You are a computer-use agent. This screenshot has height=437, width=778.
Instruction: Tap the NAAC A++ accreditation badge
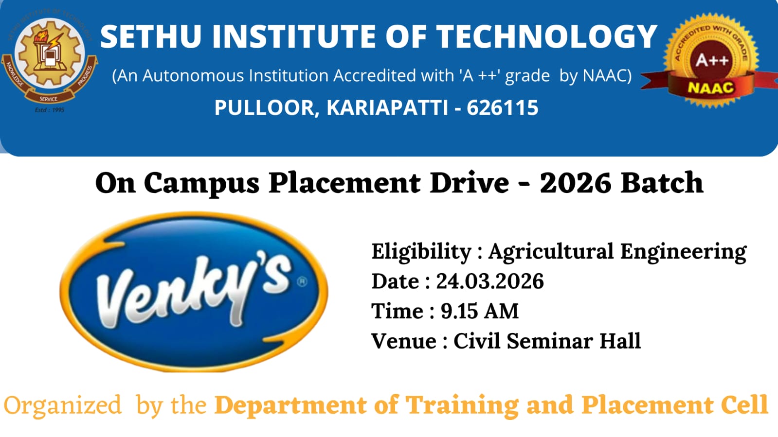[x=710, y=61]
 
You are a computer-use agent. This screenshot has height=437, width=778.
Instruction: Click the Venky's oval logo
[x=194, y=292]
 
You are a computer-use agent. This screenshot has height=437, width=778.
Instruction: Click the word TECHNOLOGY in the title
[x=547, y=36]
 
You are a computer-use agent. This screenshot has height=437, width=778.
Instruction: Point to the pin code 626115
[x=502, y=107]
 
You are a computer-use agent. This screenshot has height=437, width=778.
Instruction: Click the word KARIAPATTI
[x=387, y=107]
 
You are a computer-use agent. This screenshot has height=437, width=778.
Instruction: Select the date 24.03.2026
[x=490, y=281]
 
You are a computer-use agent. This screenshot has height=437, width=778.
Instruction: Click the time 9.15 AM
[x=480, y=311]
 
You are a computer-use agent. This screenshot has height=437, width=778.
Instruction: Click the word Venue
[x=403, y=341]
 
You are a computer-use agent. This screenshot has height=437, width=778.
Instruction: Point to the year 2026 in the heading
[x=575, y=183]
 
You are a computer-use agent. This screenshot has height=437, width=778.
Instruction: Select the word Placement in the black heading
[x=344, y=183]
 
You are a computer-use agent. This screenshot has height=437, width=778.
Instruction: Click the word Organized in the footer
[x=62, y=405]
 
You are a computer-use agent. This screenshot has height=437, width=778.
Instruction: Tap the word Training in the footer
[x=462, y=406]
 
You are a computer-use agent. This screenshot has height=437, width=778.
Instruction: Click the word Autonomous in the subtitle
[x=193, y=76]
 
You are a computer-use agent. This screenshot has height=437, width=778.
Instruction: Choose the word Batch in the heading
[x=662, y=183]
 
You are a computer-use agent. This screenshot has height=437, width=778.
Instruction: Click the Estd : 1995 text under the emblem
[x=50, y=110]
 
